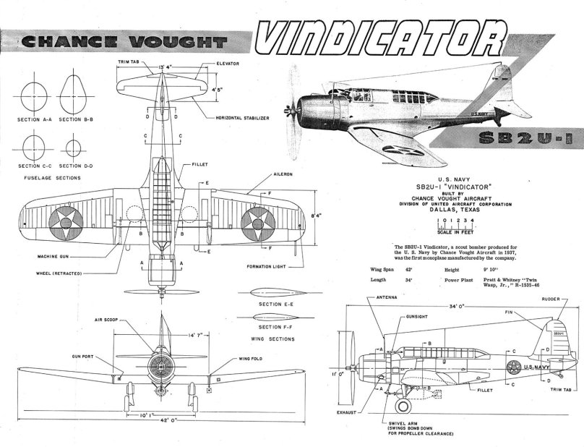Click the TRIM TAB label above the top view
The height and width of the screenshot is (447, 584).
click(x=129, y=63)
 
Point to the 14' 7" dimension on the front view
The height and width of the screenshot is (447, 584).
click(x=166, y=336)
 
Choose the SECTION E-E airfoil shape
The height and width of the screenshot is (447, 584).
click(x=269, y=293)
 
